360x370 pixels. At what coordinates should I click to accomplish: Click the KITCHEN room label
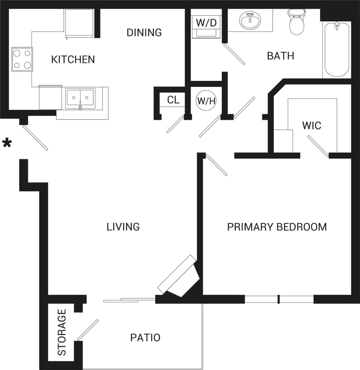73,60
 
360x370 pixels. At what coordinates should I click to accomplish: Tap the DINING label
144,33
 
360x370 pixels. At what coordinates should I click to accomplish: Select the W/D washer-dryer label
206,23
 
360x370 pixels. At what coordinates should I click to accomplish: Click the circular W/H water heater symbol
206,100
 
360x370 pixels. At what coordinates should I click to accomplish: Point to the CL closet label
173,100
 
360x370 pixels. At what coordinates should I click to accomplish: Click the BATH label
280,56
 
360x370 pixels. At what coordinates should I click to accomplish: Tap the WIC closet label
311,126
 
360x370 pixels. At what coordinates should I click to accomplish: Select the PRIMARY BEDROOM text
277,227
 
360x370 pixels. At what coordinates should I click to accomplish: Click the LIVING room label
123,227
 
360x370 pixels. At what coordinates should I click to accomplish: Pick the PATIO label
145,338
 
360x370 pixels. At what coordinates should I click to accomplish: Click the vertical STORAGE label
62,333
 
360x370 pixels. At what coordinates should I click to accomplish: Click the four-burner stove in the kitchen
22,59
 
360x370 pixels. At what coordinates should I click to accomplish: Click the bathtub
337,50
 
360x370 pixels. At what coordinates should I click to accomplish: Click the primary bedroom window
279,299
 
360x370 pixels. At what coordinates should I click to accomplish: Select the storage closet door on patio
87,330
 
